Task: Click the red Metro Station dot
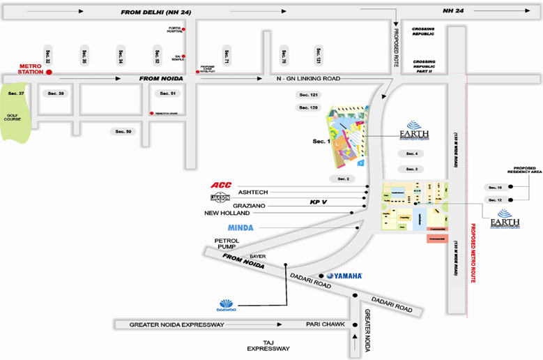(49, 71)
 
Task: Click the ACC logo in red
(221, 185)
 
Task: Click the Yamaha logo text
(344, 276)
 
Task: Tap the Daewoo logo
(227, 305)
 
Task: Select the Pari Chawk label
(322, 324)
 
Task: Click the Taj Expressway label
(268, 345)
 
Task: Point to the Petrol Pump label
(227, 244)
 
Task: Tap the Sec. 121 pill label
(308, 95)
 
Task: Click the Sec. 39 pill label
(56, 93)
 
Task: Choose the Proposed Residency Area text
(527, 171)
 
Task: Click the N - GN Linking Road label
(307, 79)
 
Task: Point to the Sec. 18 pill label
(495, 188)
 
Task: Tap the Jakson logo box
(220, 198)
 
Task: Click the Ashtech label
(253, 192)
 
